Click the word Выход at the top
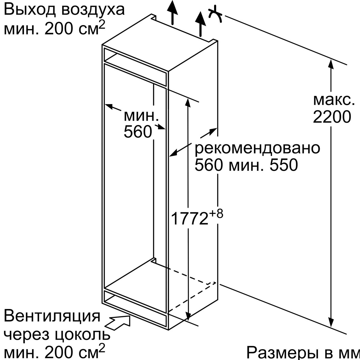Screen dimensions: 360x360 (x=29, y=9)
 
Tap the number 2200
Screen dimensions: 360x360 (x=332, y=117)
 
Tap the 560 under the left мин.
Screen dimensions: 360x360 (x=138, y=132)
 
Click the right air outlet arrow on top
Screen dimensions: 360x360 (x=201, y=24)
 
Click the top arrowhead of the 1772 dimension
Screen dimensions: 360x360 (x=188, y=103)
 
